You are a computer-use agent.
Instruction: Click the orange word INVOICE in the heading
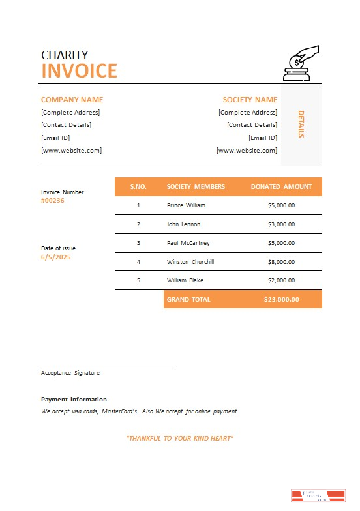(x=79, y=70)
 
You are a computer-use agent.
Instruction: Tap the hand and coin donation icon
(x=300, y=63)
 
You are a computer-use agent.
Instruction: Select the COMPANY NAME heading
(x=72, y=100)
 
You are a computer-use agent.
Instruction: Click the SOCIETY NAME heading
(x=250, y=100)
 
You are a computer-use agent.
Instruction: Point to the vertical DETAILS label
(x=301, y=124)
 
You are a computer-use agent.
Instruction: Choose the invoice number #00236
(x=53, y=201)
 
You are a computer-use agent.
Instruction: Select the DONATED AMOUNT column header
(x=281, y=186)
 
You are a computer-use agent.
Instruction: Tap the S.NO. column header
(x=138, y=186)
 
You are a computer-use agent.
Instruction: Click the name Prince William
(x=186, y=205)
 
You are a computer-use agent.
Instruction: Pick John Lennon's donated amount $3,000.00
(x=281, y=224)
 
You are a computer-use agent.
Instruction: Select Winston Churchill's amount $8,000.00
(x=281, y=262)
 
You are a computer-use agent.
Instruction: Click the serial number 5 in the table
(x=138, y=280)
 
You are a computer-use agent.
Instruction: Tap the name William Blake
(x=185, y=280)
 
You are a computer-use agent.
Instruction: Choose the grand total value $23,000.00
(x=281, y=299)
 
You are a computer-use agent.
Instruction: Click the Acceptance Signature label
(x=70, y=373)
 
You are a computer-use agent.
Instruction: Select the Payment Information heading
(x=74, y=399)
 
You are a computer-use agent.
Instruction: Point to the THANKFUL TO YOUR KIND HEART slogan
(x=179, y=438)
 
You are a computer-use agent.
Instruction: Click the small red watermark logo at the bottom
(x=318, y=497)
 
